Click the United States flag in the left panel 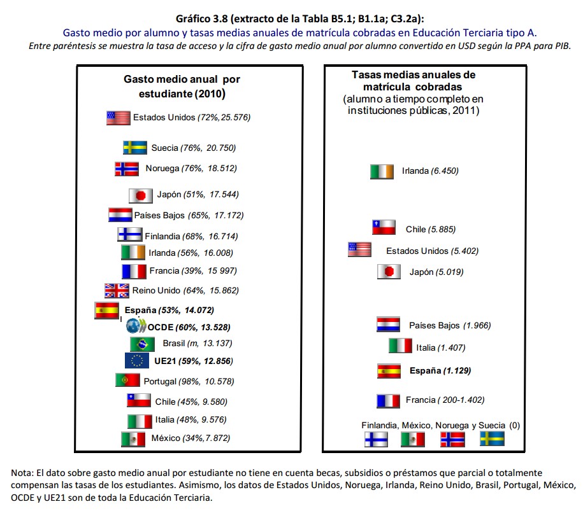click(x=119, y=118)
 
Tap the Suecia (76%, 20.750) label click(x=193, y=148)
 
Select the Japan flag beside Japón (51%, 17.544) click(x=140, y=195)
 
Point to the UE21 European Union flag click(x=136, y=361)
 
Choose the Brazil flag click(x=142, y=344)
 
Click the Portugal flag click(x=127, y=381)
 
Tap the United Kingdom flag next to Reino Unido click(x=117, y=291)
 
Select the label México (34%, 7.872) click(x=191, y=438)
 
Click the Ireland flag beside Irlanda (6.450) click(x=382, y=171)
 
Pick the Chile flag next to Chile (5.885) click(x=384, y=227)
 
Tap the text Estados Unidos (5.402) click(x=432, y=251)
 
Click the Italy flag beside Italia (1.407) click(x=400, y=346)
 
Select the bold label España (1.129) click(x=440, y=370)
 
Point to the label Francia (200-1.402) click(x=445, y=400)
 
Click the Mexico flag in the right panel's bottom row click(x=412, y=438)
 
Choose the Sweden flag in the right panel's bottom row click(x=491, y=438)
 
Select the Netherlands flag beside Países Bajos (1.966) click(x=388, y=325)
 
